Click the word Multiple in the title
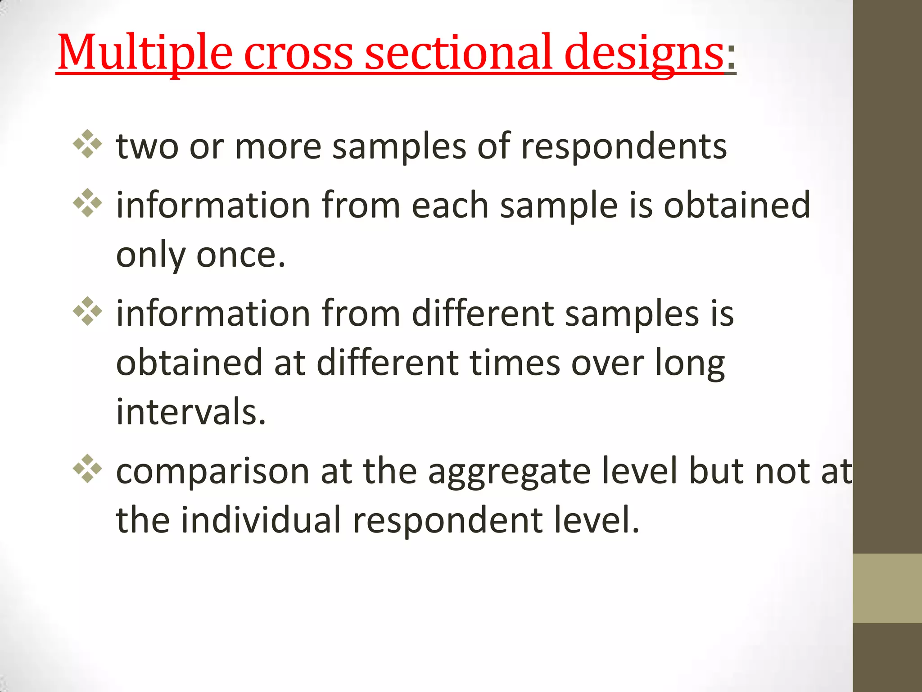click(x=145, y=53)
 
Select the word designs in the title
click(x=644, y=53)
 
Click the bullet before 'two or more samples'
click(x=87, y=144)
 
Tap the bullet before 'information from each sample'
click(x=87, y=203)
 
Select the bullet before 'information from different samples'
click(x=87, y=311)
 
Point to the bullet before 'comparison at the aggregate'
click(x=87, y=469)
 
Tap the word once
click(x=241, y=255)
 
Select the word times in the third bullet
click(x=515, y=363)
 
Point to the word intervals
click(x=191, y=412)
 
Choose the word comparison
click(x=213, y=472)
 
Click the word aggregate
click(x=509, y=472)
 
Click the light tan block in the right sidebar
click(x=887, y=588)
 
